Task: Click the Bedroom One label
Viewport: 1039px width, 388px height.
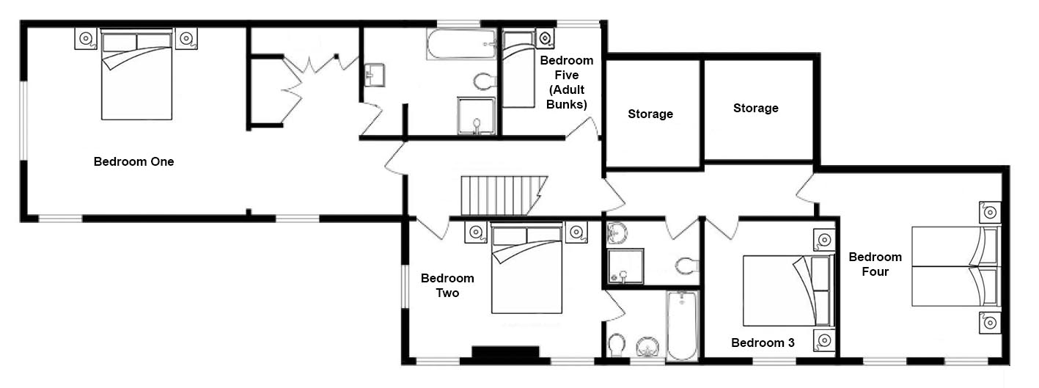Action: click(x=133, y=161)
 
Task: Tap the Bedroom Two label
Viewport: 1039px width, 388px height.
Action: click(x=447, y=285)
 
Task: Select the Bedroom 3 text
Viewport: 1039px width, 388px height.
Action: click(x=763, y=343)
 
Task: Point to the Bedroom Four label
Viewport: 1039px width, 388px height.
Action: click(x=875, y=264)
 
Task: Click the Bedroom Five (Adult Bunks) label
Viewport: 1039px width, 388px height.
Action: click(x=566, y=82)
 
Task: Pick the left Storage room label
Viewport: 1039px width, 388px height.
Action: click(x=650, y=114)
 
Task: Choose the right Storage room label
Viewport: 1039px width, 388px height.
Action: click(x=755, y=108)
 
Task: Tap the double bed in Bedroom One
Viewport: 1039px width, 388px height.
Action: click(x=137, y=74)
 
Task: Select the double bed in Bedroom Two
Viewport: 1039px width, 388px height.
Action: click(x=527, y=268)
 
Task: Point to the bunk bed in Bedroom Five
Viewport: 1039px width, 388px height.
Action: click(x=519, y=69)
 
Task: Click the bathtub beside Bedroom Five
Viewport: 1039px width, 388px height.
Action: click(x=461, y=45)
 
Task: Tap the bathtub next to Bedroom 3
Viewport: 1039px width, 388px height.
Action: click(x=682, y=326)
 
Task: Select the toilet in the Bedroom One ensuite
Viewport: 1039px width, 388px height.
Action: click(x=485, y=81)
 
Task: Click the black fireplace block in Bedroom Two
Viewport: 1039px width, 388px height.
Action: click(x=506, y=352)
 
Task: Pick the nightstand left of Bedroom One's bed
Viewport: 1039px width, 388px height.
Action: click(x=86, y=39)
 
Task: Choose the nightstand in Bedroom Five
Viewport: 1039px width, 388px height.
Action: click(x=546, y=38)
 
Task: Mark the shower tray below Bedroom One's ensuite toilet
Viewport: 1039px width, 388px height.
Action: click(x=477, y=116)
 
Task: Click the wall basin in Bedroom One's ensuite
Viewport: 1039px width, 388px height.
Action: click(x=374, y=76)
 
